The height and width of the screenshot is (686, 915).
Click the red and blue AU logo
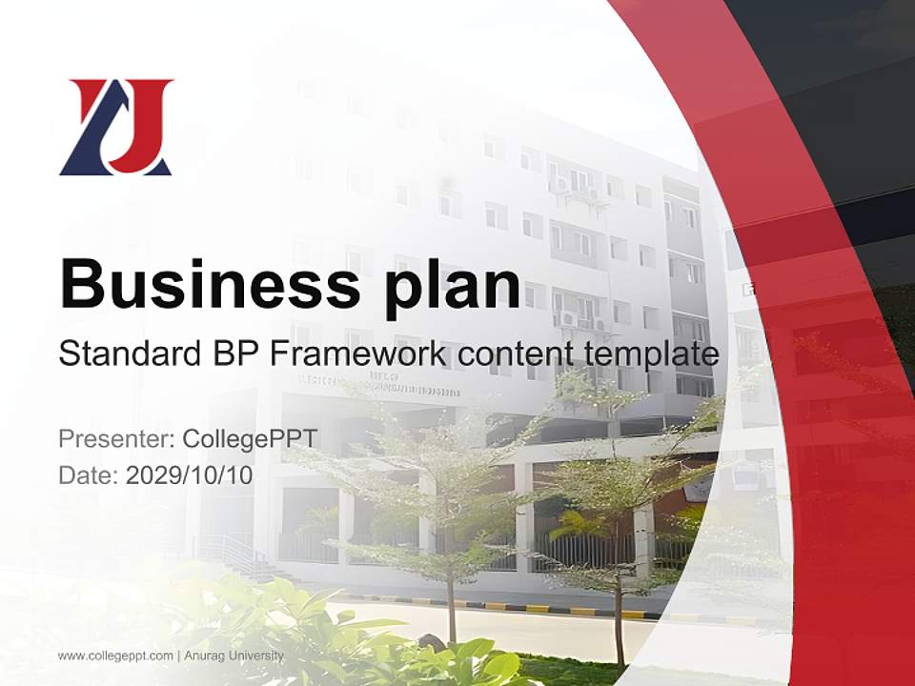tap(115, 127)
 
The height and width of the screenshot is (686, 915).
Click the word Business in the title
tap(209, 283)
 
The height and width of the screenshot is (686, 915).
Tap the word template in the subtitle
tap(649, 355)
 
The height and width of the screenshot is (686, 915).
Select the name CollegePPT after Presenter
tap(249, 439)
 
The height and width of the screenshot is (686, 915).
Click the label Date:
tap(89, 474)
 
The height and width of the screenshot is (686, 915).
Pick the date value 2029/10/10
tap(190, 474)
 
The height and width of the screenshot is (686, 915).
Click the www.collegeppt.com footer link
tap(115, 656)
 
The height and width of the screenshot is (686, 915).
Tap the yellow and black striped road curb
tap(534, 607)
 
